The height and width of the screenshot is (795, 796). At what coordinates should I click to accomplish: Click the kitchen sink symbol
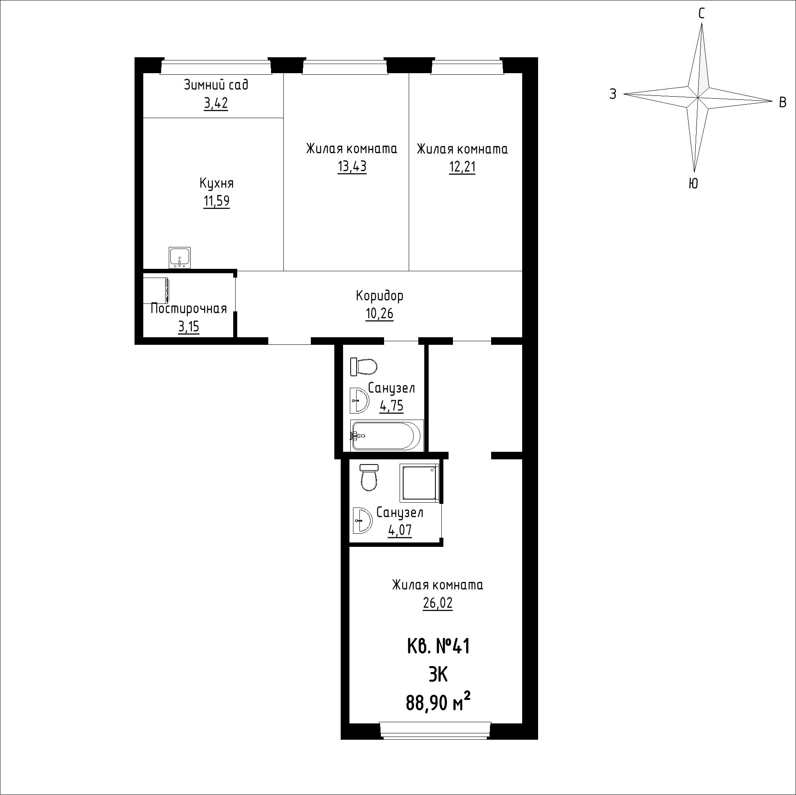pos(179,258)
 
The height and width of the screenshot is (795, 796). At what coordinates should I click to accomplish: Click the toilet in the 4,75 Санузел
pos(364,367)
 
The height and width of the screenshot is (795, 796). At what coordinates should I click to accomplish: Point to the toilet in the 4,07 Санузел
pos(369,478)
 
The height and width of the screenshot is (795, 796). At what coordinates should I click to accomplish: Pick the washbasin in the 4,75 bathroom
pos(359,400)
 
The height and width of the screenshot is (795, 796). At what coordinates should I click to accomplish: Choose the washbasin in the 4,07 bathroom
pos(363,520)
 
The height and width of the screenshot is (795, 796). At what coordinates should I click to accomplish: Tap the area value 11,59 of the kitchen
pos(216,201)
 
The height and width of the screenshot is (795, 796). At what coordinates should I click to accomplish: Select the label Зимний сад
pos(216,85)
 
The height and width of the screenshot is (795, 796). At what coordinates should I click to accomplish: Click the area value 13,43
pos(352,167)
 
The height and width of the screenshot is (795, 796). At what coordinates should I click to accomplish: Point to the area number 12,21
pos(462,167)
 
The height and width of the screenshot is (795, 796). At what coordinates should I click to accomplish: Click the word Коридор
pos(379,295)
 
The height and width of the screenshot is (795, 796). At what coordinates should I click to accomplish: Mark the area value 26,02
pos(437,603)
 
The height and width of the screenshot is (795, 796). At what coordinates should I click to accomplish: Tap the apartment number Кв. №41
pos(438,647)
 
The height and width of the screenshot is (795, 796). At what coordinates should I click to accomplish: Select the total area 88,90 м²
pos(438,703)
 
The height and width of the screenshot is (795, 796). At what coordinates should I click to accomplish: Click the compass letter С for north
pos(701,14)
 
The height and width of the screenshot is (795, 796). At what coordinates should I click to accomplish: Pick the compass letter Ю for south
pos(694,184)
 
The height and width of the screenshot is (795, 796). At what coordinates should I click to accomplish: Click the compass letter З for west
pos(613,94)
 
